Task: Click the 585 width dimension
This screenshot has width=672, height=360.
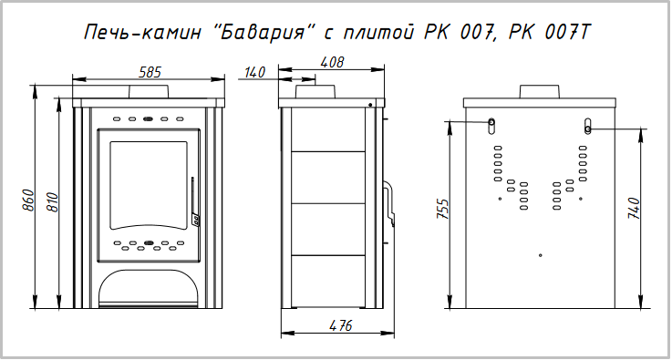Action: click(150, 72)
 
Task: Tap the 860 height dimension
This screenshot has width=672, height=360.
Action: click(28, 200)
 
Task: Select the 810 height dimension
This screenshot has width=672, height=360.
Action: click(52, 202)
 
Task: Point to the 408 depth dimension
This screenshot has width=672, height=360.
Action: click(332, 62)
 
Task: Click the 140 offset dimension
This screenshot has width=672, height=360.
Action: click(255, 72)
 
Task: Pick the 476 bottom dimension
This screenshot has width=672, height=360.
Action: click(341, 325)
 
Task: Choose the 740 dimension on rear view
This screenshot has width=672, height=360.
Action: click(634, 209)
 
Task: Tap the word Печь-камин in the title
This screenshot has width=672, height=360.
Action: click(143, 33)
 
